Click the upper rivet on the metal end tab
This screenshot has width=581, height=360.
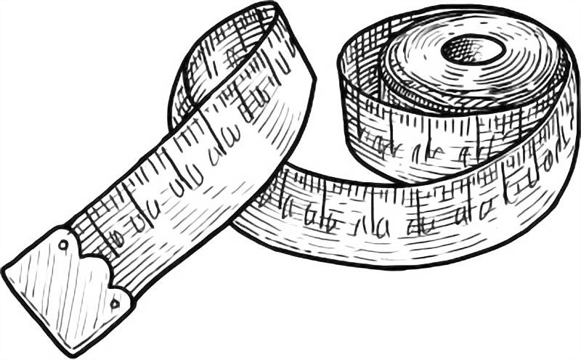[x=63, y=245]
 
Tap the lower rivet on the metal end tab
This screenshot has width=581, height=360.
[x=115, y=303]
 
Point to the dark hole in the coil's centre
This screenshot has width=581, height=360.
[x=474, y=50]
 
